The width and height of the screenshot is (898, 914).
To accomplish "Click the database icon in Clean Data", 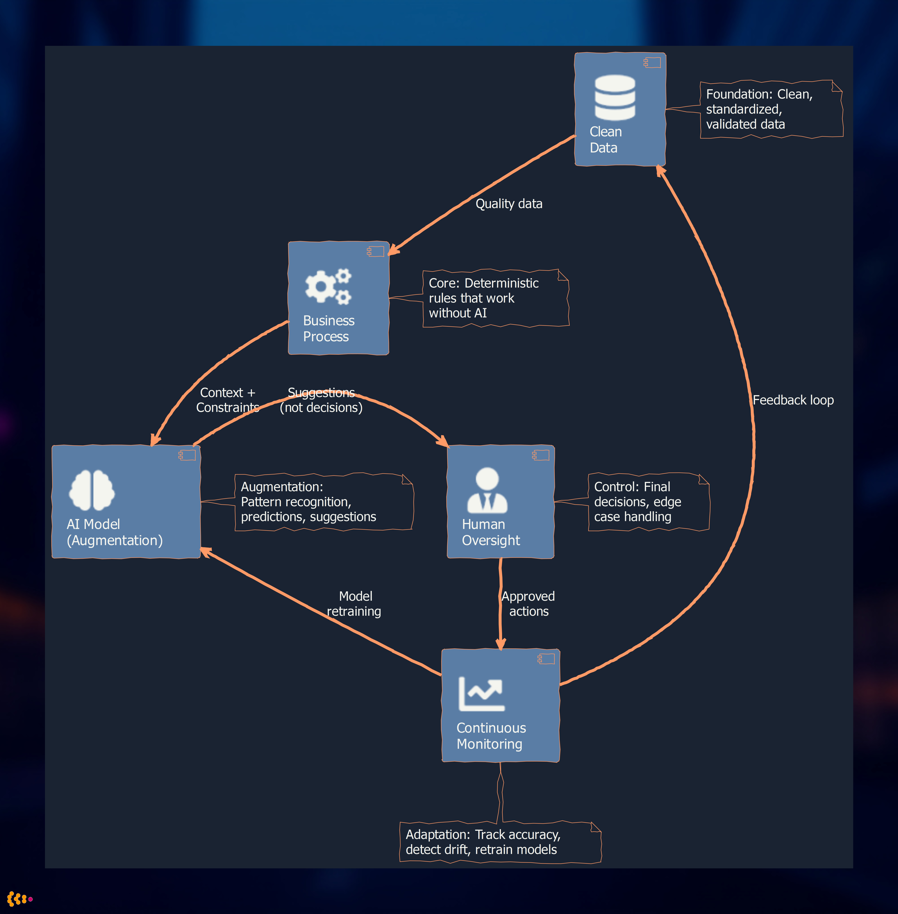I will [x=614, y=98].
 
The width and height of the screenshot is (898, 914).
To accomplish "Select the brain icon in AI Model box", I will [x=92, y=490].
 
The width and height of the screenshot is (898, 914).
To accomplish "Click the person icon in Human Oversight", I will [x=487, y=490].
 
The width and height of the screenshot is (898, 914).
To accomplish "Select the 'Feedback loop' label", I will [x=793, y=400].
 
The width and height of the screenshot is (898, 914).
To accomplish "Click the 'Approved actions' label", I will [x=528, y=604].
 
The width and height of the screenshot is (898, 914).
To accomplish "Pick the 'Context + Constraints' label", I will [x=227, y=400].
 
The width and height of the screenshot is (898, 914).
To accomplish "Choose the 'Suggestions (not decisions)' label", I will [x=321, y=400].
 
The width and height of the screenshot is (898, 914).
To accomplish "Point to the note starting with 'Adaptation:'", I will [x=500, y=842].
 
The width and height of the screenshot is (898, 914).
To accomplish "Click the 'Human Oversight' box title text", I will [x=490, y=532].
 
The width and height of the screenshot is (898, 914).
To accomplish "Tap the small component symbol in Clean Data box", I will [x=652, y=63].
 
